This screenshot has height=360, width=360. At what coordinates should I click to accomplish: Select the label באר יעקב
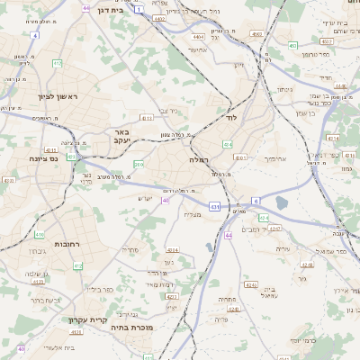(x=121, y=136)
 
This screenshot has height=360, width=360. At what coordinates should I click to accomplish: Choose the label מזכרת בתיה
(x=135, y=329)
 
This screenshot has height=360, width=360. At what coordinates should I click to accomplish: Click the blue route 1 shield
(x=139, y=9)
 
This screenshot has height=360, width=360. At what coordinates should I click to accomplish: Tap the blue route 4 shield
(x=34, y=35)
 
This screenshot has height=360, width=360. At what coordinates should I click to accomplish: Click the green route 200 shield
(x=139, y=165)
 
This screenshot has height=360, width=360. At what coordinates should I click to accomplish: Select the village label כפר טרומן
(x=317, y=55)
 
